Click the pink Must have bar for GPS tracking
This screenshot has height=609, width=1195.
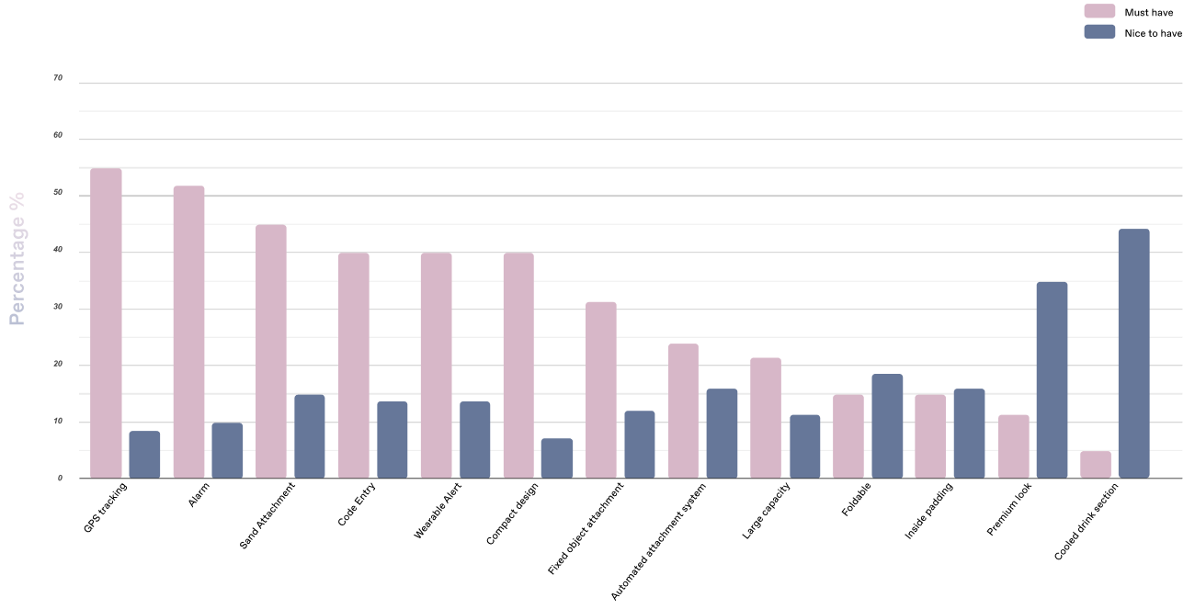(x=106, y=323)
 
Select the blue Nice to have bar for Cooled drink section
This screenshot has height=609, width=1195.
(x=1133, y=354)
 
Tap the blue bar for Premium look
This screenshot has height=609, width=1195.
(x=1052, y=380)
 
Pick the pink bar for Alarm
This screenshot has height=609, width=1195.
(x=188, y=332)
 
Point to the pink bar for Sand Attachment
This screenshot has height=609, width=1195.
(x=271, y=352)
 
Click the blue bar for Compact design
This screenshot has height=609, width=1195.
(x=557, y=458)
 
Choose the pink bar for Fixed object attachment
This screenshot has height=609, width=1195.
(x=600, y=389)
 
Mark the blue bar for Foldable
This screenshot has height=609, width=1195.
(x=887, y=426)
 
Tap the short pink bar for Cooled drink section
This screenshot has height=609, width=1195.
(x=1096, y=465)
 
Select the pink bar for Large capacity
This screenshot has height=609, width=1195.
(x=766, y=418)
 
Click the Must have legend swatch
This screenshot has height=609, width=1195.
(x=1099, y=11)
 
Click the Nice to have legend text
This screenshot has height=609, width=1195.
(x=1153, y=33)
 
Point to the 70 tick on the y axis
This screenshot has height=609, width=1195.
(x=58, y=78)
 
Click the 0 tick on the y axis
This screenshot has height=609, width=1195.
(x=61, y=478)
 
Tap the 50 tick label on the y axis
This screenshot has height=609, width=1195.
(x=58, y=193)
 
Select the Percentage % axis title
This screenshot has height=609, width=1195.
(x=17, y=259)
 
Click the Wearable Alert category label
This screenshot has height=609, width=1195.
(x=438, y=511)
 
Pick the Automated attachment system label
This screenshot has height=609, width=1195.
(x=658, y=541)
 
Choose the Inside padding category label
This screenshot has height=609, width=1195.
(x=928, y=511)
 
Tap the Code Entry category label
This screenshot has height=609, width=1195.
(x=357, y=504)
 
